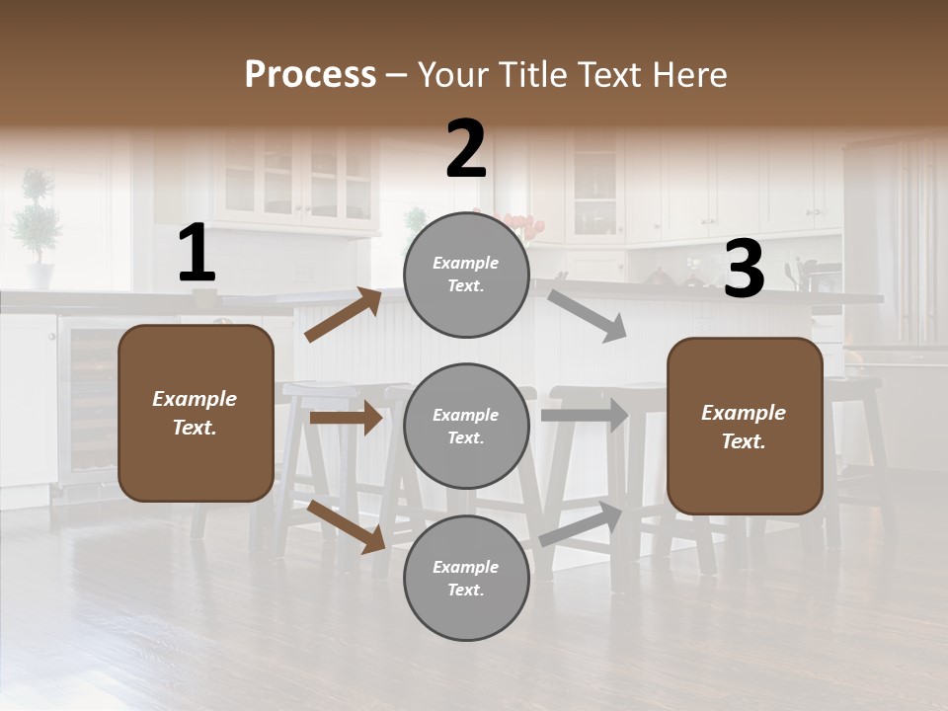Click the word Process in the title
click(310, 74)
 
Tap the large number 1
click(196, 254)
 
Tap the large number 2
click(466, 149)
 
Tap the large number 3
click(744, 270)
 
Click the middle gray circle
click(466, 427)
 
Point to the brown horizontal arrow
click(346, 418)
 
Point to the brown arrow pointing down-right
click(347, 526)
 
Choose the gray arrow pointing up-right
click(581, 524)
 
